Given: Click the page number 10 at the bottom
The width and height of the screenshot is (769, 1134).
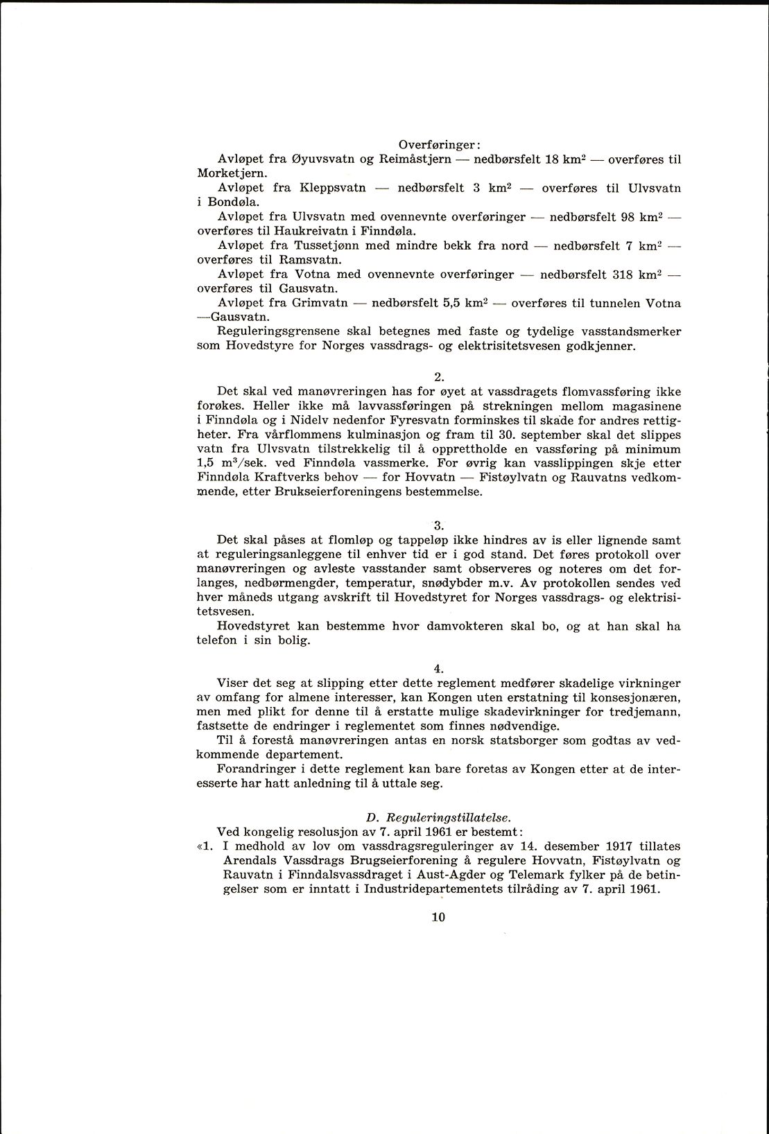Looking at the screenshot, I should click(438, 916).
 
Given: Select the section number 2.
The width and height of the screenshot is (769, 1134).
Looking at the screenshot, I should click(438, 377).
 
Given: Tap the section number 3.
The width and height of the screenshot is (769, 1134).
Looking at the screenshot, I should click(438, 525).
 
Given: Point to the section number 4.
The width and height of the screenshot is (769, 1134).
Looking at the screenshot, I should click(438, 668).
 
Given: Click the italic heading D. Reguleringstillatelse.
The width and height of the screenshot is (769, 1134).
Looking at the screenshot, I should click(438, 817).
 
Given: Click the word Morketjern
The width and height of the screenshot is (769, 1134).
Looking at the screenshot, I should click(227, 173).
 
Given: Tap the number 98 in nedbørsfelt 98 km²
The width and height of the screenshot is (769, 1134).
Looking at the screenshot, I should click(628, 217).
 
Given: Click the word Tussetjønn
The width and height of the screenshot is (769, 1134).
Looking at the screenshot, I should click(327, 245).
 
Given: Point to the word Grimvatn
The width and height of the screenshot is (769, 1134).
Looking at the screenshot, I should click(320, 303).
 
